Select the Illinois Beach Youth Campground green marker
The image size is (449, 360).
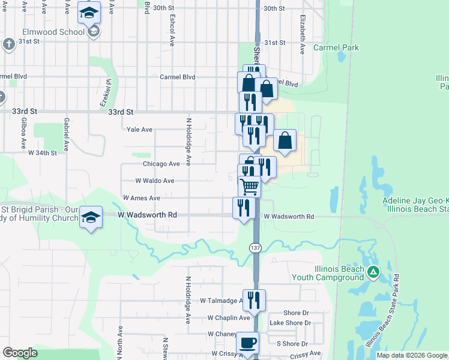[x=373, y=272]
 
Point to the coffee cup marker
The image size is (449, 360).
[x=248, y=343]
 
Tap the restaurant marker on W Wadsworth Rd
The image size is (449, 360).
[x=243, y=208]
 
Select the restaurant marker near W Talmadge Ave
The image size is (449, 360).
[x=255, y=299]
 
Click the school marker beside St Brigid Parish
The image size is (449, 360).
[x=91, y=217]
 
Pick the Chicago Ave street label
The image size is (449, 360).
[x=161, y=164]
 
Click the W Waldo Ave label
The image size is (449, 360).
[x=154, y=181]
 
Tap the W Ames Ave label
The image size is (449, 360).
[x=141, y=198]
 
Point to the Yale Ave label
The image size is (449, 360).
[x=140, y=129]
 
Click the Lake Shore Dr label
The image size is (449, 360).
[x=290, y=323]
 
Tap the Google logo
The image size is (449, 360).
[x=20, y=353]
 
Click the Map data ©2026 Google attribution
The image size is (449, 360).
[x=411, y=355]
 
